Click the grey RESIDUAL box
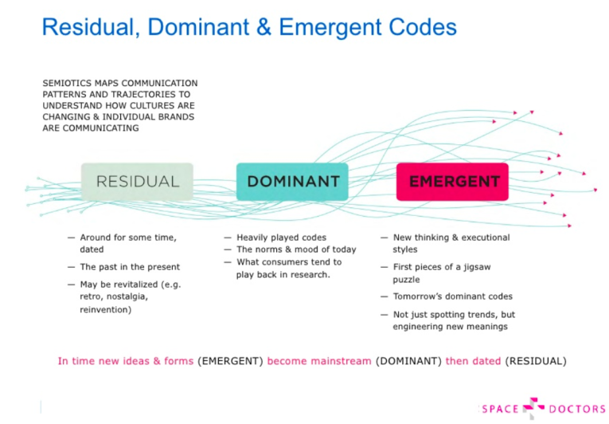click(x=137, y=182)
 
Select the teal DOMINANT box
click(x=292, y=182)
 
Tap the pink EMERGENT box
click(x=452, y=182)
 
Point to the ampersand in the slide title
click(x=264, y=27)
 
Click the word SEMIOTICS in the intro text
click(x=62, y=83)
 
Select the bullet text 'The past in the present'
click(x=130, y=267)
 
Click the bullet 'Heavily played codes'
click(x=282, y=238)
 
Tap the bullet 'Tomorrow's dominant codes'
click(x=453, y=296)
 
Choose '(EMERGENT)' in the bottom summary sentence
click(x=230, y=361)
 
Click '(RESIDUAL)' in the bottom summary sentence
click(x=536, y=361)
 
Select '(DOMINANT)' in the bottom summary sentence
click(x=408, y=361)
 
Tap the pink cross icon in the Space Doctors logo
click(x=533, y=408)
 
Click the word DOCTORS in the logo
click(x=577, y=409)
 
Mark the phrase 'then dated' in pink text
click(x=473, y=361)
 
